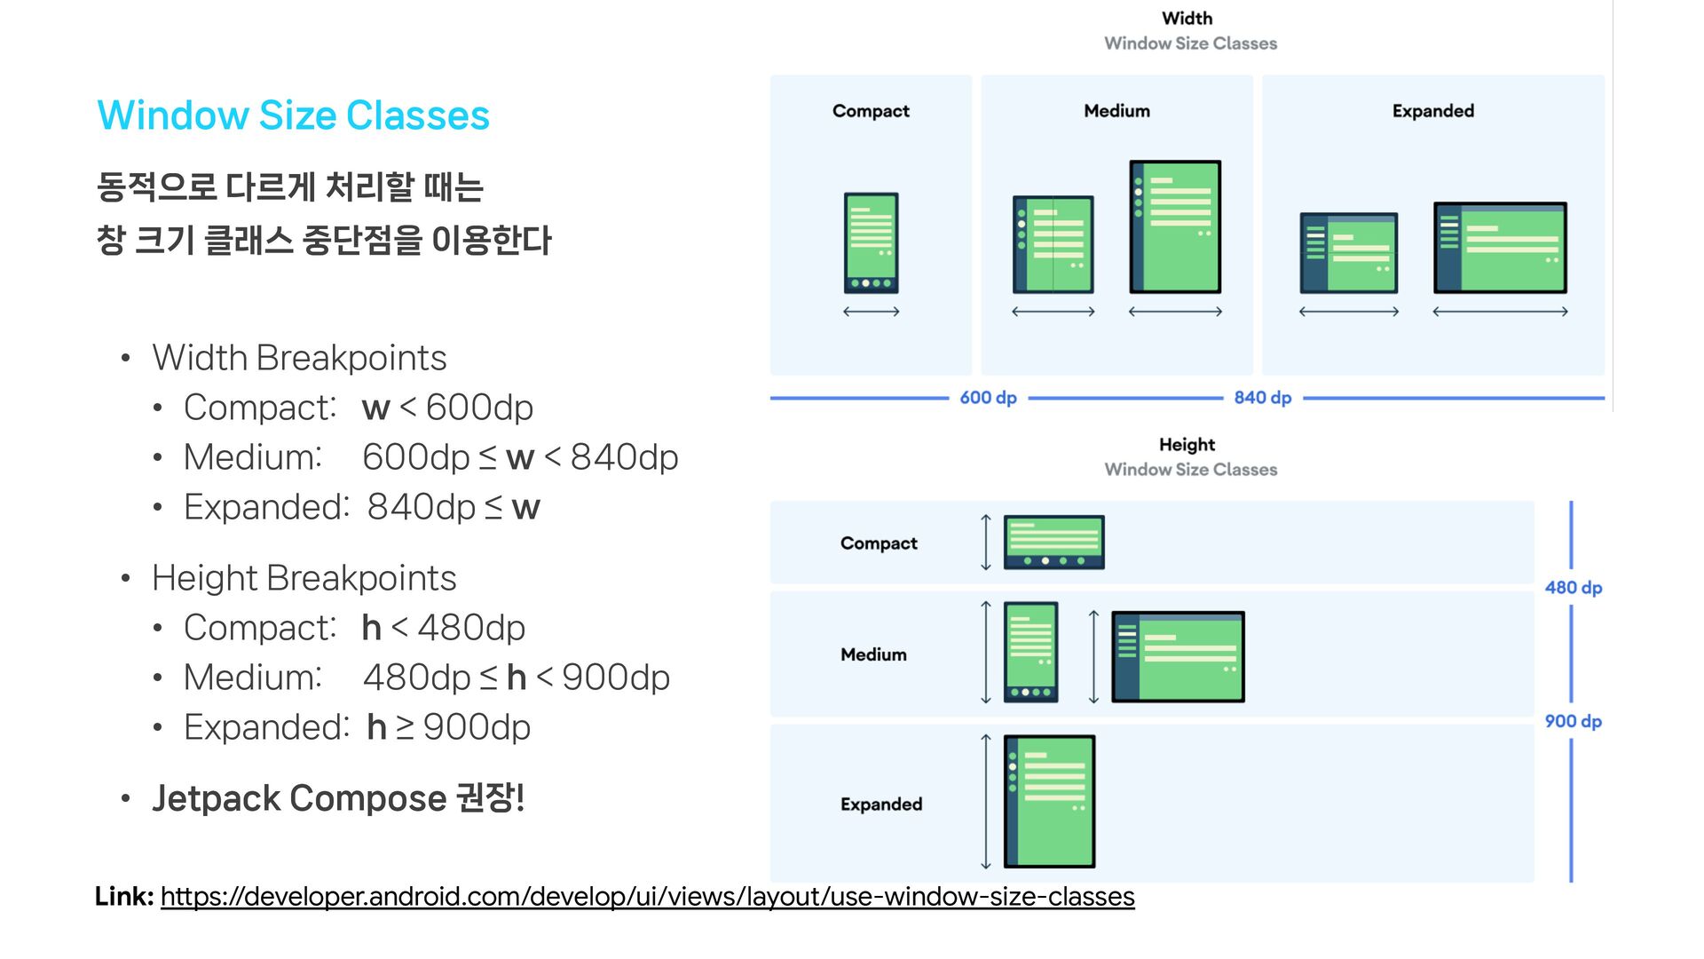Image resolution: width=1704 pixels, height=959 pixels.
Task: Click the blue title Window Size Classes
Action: tap(293, 115)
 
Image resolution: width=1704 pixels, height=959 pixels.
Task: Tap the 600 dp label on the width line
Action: tap(988, 398)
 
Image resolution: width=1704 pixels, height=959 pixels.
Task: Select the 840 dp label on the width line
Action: tap(1262, 398)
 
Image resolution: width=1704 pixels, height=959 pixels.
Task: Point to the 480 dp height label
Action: tap(1573, 588)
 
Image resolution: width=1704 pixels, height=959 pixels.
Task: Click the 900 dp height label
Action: tap(1573, 721)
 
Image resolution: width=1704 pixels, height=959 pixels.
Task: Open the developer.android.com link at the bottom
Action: tap(647, 897)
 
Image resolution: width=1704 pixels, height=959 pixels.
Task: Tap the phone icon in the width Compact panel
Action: tap(871, 242)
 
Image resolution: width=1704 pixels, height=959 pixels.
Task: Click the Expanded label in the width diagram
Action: tap(1432, 111)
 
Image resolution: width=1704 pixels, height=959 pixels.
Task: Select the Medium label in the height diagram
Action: tap(873, 654)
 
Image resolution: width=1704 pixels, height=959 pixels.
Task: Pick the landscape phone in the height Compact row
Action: tap(1053, 542)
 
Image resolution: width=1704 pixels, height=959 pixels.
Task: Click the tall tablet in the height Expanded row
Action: tap(1049, 801)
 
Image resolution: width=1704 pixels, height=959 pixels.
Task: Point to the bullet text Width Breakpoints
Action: tap(299, 358)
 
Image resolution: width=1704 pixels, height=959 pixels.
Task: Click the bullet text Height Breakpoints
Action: tap(304, 578)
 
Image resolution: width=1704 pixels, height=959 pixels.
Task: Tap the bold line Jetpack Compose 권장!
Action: tap(338, 798)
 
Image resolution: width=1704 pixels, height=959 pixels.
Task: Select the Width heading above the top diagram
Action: tap(1187, 19)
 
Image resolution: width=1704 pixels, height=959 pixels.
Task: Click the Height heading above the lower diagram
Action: tap(1187, 445)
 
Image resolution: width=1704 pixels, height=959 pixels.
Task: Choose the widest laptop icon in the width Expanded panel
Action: tap(1500, 248)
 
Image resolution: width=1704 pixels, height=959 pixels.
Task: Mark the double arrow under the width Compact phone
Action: tap(871, 312)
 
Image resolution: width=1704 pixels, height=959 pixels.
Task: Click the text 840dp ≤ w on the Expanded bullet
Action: tap(454, 507)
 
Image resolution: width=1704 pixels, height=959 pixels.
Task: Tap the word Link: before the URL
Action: tap(124, 897)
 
